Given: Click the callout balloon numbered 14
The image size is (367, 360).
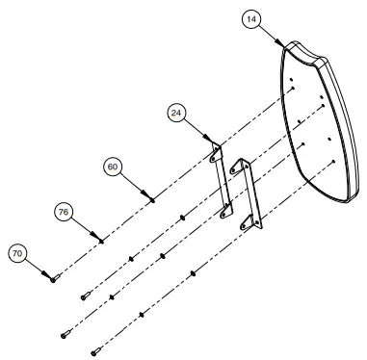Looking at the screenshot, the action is (251, 19).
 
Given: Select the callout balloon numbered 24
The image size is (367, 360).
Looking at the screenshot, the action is (176, 113).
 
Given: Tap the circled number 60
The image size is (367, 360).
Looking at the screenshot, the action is (113, 166).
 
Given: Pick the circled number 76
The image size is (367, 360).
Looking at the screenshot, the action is (63, 211).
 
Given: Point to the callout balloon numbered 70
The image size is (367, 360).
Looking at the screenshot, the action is (16, 253).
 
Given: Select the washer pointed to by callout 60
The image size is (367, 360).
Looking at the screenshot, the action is (152, 199).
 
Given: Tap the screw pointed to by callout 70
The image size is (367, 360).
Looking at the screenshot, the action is (54, 277).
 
